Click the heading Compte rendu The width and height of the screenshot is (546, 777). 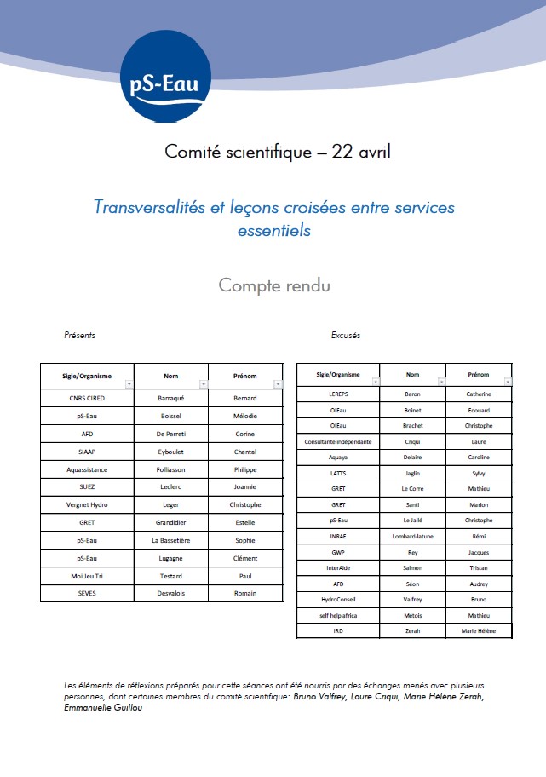tap(273, 285)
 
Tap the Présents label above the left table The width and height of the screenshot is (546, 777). tap(80, 335)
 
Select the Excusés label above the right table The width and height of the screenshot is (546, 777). tap(345, 335)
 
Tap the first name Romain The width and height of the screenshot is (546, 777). tap(245, 594)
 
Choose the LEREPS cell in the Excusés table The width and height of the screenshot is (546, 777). tap(337, 394)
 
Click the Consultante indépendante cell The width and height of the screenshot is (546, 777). tap(337, 441)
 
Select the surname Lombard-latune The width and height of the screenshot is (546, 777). tap(412, 536)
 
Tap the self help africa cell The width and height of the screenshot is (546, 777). tap(337, 615)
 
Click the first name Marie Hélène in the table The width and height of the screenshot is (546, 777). tap(479, 631)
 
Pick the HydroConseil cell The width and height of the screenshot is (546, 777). tap(337, 600)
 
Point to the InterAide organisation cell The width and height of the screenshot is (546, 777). tap(337, 567)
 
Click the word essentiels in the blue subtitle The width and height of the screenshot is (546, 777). tap(273, 230)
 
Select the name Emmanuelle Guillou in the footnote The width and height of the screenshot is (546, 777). tap(102, 708)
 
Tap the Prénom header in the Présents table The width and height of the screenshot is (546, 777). tap(244, 375)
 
